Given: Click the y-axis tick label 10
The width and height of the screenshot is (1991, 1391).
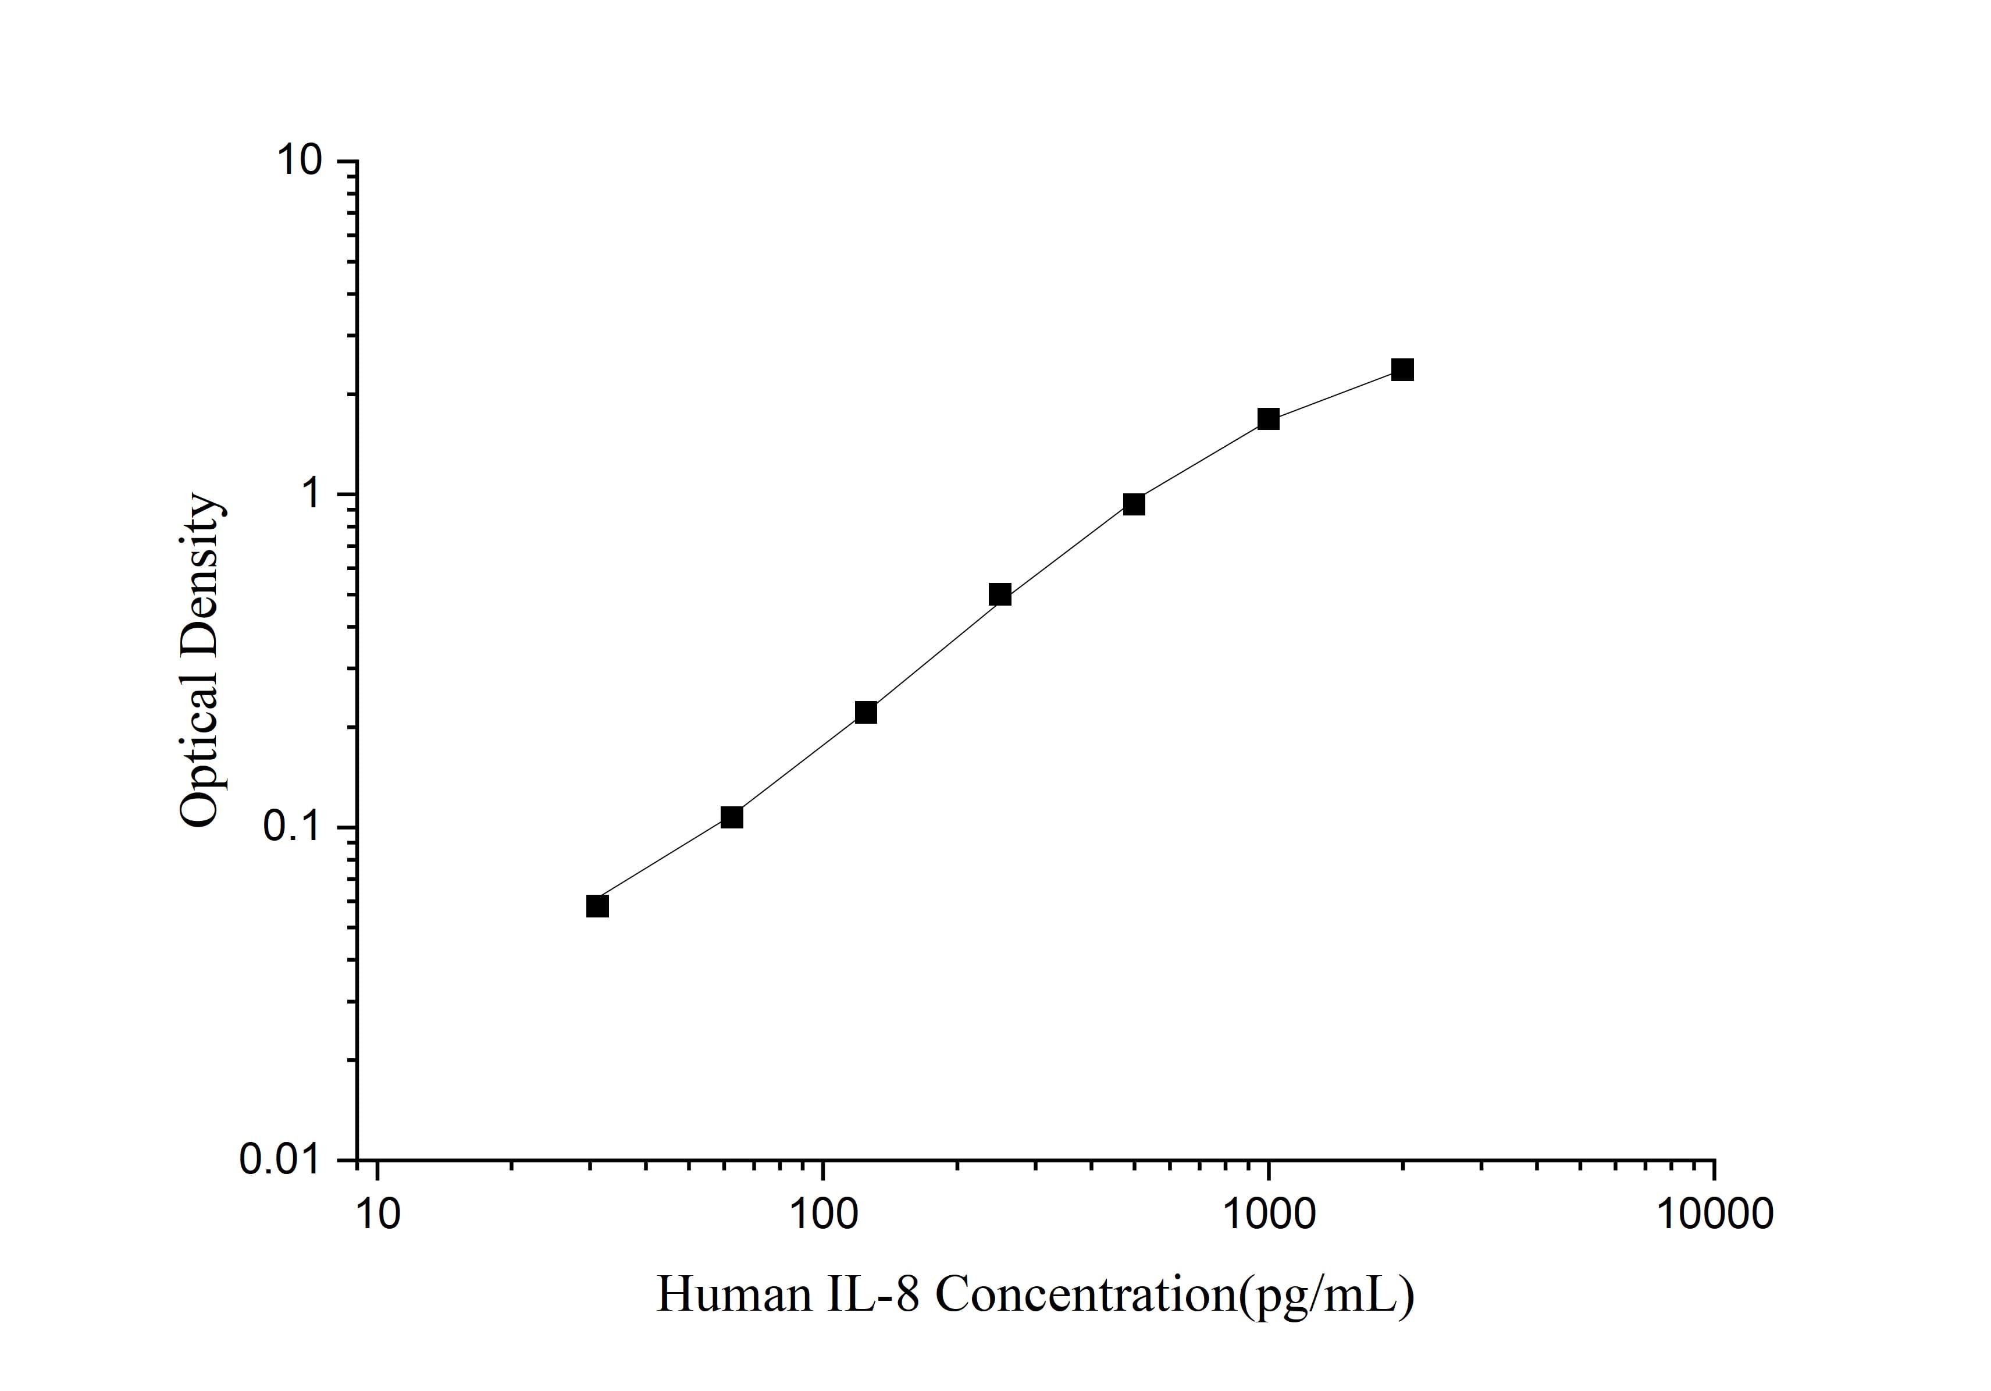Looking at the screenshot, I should [299, 162].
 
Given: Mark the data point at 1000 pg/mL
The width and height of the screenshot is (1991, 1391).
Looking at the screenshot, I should [1268, 419].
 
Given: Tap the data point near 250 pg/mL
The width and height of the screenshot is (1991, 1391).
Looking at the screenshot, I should [1000, 595].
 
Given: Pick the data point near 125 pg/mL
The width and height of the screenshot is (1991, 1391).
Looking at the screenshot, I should [866, 713].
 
